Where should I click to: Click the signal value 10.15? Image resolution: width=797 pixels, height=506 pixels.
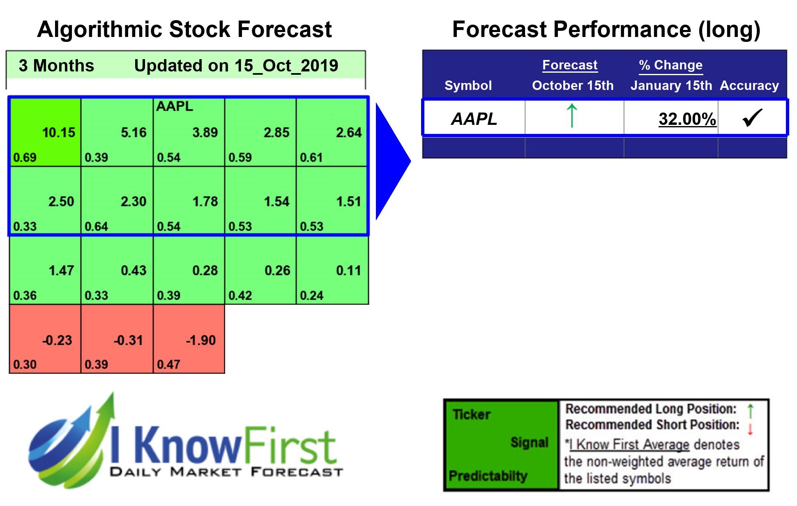click(x=58, y=133)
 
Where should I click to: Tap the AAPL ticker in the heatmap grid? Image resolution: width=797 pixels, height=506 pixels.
click(x=174, y=106)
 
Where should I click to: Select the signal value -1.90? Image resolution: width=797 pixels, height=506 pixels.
click(x=200, y=340)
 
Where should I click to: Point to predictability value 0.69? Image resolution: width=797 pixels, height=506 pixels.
click(x=25, y=158)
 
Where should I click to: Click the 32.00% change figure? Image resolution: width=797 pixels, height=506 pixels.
click(x=687, y=119)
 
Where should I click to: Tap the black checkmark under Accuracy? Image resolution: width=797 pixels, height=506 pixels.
click(x=752, y=118)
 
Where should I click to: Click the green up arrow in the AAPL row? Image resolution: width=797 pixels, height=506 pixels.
click(x=572, y=116)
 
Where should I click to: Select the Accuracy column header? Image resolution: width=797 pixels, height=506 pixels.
click(x=749, y=85)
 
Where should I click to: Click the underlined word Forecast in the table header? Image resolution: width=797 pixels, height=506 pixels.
click(x=570, y=65)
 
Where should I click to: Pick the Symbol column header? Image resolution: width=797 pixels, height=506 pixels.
click(x=468, y=85)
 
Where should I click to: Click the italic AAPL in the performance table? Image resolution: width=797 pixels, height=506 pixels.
click(x=474, y=119)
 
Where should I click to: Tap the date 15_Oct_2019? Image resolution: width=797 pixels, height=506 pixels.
click(x=286, y=66)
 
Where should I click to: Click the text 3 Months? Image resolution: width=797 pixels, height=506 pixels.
click(x=56, y=66)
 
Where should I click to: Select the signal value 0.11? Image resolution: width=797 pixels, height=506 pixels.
click(x=348, y=271)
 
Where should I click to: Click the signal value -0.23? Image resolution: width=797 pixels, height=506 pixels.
click(x=57, y=340)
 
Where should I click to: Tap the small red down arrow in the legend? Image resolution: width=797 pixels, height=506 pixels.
click(x=750, y=429)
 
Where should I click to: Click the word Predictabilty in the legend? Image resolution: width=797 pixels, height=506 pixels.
click(x=488, y=476)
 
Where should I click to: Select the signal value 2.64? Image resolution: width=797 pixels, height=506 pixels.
click(x=348, y=133)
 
